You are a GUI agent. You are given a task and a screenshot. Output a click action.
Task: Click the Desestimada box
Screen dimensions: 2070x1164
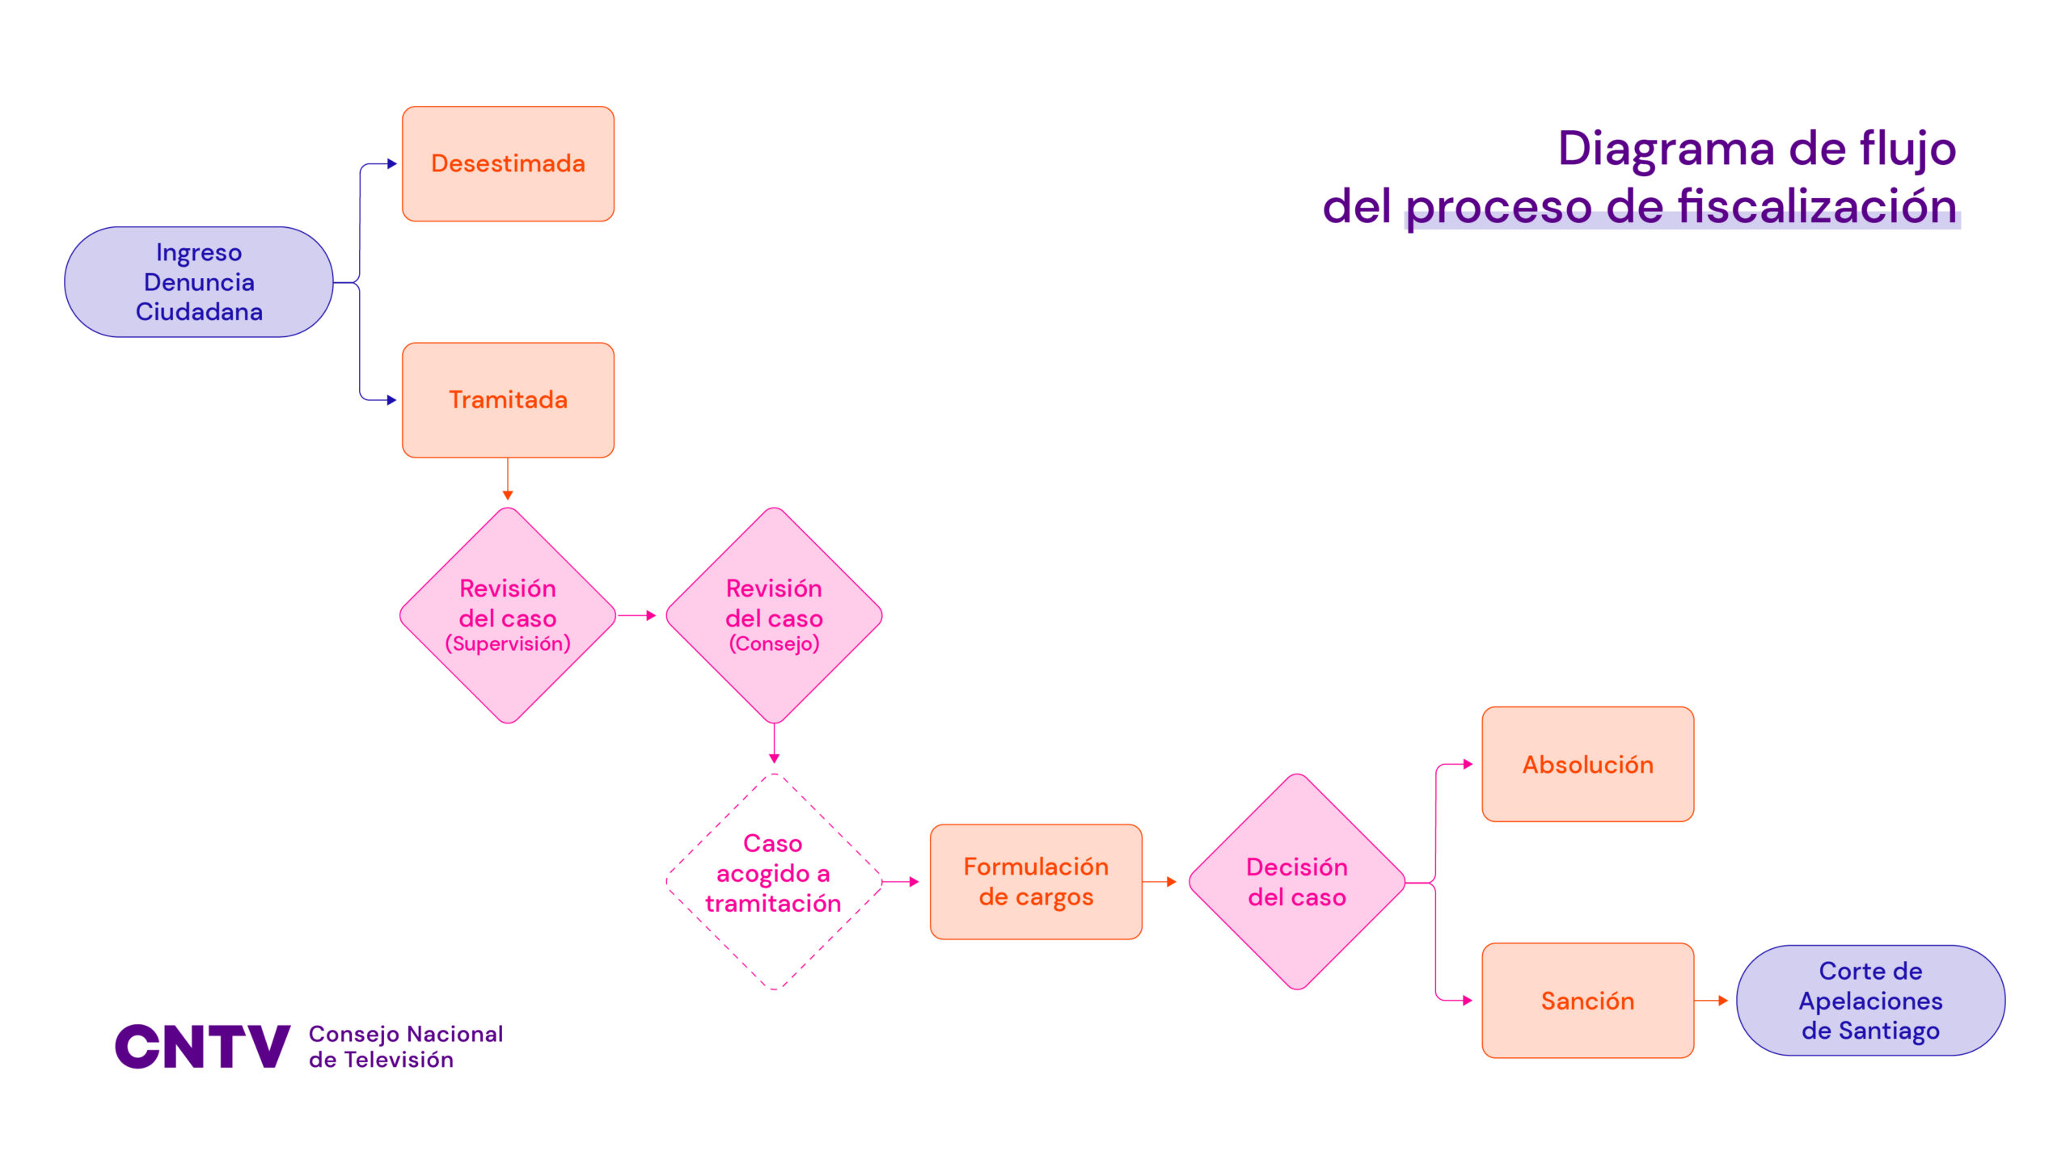coord(508,163)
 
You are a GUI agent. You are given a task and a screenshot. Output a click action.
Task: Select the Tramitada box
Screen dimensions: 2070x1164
coord(508,400)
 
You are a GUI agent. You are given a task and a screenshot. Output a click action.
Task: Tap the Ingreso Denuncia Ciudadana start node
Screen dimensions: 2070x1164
coord(199,282)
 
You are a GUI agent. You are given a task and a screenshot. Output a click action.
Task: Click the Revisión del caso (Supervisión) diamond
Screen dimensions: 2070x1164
coord(508,615)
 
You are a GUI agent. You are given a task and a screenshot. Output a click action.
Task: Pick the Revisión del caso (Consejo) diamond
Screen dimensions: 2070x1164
coord(774,615)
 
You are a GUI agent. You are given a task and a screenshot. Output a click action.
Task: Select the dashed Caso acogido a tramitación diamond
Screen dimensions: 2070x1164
coord(774,881)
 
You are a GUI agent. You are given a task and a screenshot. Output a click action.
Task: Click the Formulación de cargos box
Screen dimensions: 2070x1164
coord(1036,882)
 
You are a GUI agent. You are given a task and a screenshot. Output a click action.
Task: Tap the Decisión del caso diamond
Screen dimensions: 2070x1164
coord(1297,882)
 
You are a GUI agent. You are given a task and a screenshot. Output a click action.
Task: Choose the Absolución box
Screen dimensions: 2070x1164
coord(1587,765)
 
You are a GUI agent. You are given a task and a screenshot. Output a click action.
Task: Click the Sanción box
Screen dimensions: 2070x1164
coord(1587,1001)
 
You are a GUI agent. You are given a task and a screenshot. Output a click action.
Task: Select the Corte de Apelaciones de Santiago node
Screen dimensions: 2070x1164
coord(1870,1001)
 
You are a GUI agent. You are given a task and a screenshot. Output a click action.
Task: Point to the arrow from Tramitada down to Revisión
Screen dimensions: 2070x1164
coord(508,479)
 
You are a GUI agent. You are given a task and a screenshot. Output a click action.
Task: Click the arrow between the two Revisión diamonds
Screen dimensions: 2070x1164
coord(637,616)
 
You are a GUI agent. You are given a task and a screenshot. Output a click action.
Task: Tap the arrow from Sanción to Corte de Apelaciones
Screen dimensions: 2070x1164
coord(1711,1001)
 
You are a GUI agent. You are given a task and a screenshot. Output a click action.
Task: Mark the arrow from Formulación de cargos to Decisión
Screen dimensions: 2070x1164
coord(1160,882)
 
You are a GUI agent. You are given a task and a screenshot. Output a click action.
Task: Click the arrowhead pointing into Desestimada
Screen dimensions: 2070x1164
coord(392,164)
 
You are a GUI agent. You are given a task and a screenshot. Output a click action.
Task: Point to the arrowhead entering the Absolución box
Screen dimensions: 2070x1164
coord(1468,764)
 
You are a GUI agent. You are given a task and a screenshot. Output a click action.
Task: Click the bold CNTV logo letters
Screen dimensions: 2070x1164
coord(202,1046)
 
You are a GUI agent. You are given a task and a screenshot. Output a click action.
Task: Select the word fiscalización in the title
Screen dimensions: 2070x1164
coord(1818,206)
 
